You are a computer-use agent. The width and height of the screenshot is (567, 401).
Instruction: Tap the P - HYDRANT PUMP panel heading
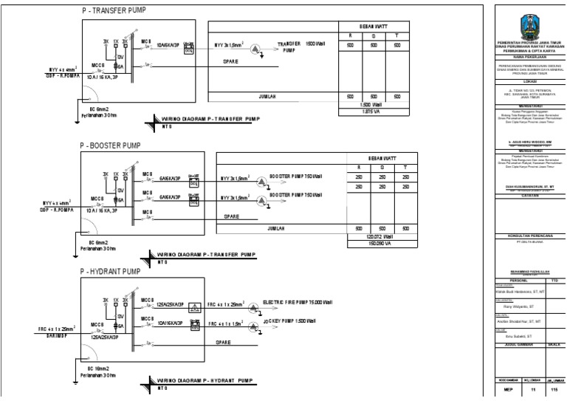[111, 273]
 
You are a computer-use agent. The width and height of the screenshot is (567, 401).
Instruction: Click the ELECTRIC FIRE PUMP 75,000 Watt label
[300, 302]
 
